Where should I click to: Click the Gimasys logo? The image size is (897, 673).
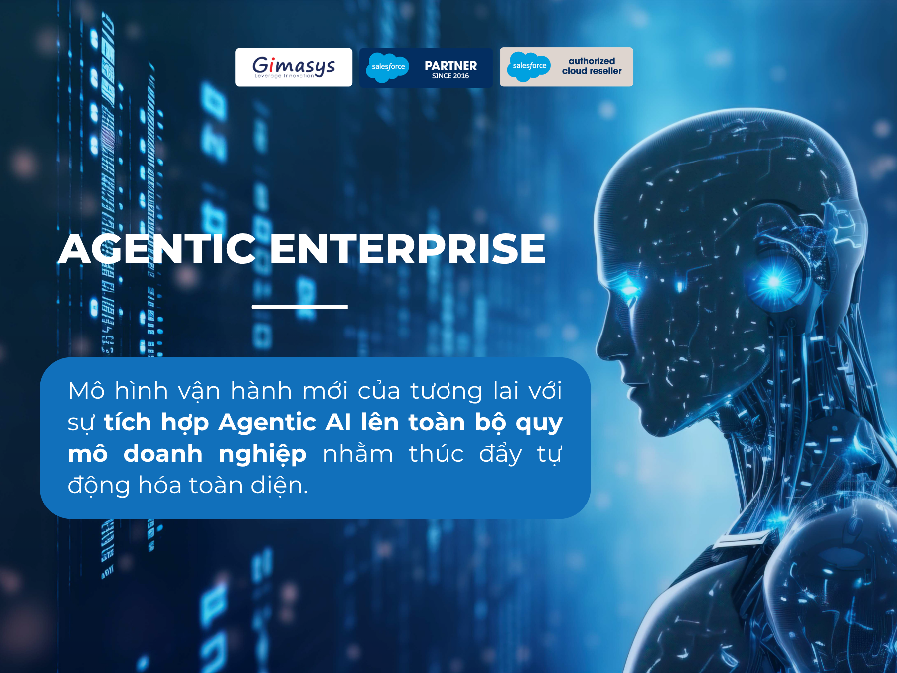pyautogui.click(x=294, y=67)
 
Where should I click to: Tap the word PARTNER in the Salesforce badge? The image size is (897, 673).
pyautogui.click(x=450, y=66)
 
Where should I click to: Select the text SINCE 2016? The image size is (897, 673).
pyautogui.click(x=450, y=76)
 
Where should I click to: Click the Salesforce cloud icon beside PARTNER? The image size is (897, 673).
pyautogui.click(x=387, y=67)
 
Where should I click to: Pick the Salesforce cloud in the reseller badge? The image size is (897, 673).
pyautogui.click(x=529, y=66)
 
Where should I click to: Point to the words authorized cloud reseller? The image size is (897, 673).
pyautogui.click(x=592, y=66)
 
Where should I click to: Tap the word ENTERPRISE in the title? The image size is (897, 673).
pyautogui.click(x=408, y=249)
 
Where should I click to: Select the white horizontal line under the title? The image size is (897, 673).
pyautogui.click(x=299, y=307)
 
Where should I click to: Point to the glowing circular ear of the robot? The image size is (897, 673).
pyautogui.click(x=774, y=282)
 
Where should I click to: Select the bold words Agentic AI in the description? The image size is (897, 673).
pyautogui.click(x=285, y=422)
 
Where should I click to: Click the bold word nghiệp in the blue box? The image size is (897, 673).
pyautogui.click(x=263, y=455)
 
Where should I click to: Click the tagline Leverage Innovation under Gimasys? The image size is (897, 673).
pyautogui.click(x=285, y=76)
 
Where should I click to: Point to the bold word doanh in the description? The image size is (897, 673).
pyautogui.click(x=163, y=454)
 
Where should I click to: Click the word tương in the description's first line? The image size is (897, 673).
pyautogui.click(x=447, y=391)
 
